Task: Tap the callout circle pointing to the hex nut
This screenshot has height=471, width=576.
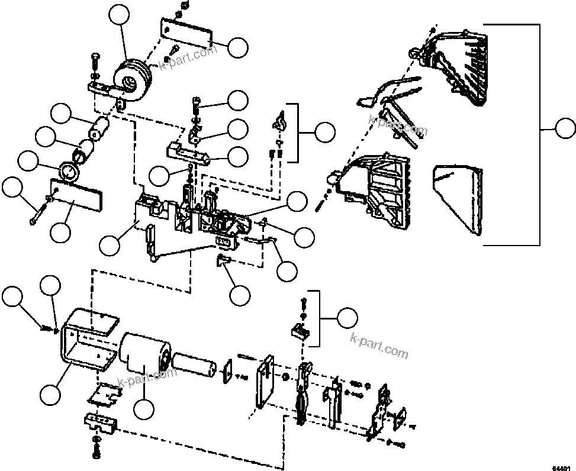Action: pyautogui.click(x=27, y=162)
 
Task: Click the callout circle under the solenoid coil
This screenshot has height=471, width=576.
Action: pyautogui.click(x=144, y=409)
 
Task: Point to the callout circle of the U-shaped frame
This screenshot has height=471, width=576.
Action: pyautogui.click(x=52, y=394)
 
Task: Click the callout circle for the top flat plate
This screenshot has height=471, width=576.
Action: pyautogui.click(x=238, y=48)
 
